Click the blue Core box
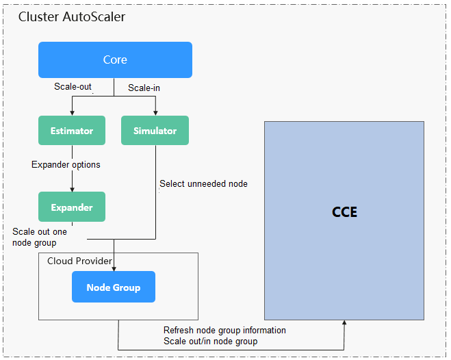click(x=115, y=60)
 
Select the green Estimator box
click(x=72, y=131)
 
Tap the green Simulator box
click(x=155, y=131)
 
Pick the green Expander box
click(x=72, y=207)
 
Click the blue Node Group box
click(x=114, y=287)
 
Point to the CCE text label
click(x=344, y=212)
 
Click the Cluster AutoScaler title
click(x=71, y=16)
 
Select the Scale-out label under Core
click(x=73, y=87)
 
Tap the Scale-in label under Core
click(x=144, y=88)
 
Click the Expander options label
click(x=66, y=165)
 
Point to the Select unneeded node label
click(x=203, y=183)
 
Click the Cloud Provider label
click(x=79, y=261)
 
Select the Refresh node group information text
click(x=224, y=330)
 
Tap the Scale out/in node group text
click(x=210, y=341)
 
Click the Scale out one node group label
click(x=40, y=237)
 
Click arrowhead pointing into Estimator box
click(x=72, y=112)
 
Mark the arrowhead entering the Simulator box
click(x=155, y=112)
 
